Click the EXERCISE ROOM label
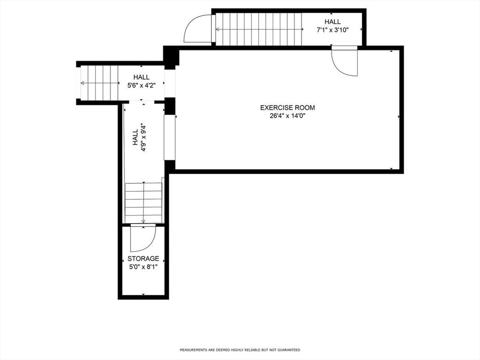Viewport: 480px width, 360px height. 287,107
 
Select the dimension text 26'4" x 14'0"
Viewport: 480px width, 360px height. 287,116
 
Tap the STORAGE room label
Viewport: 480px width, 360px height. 143,259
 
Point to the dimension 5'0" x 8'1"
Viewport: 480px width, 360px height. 143,267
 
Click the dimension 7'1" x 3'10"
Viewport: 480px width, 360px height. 332,30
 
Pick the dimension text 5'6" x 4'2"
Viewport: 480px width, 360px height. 142,86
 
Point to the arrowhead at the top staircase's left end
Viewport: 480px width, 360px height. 217,30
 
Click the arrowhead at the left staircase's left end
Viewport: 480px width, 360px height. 82,83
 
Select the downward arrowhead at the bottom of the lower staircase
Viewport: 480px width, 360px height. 143,221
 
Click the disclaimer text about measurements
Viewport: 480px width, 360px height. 240,350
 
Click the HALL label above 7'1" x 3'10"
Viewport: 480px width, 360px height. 332,22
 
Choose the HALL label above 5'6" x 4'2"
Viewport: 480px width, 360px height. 142,77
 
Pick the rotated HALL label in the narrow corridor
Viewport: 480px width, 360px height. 135,138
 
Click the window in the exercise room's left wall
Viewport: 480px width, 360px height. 170,137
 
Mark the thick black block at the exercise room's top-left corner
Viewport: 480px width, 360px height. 171,57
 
